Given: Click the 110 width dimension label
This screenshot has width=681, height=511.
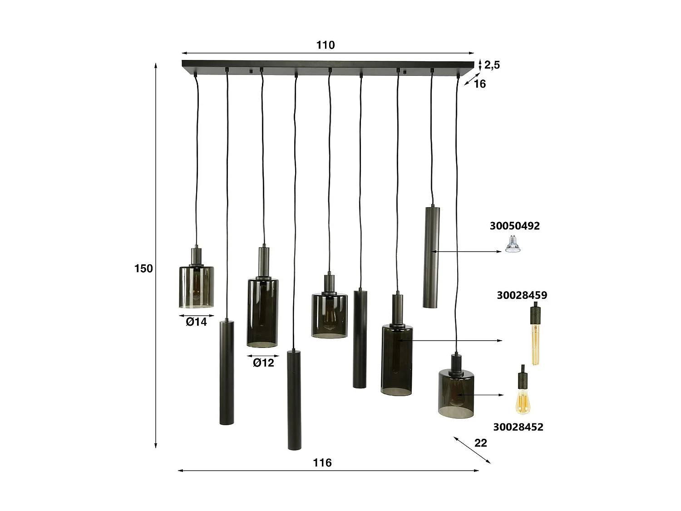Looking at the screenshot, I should [326, 45].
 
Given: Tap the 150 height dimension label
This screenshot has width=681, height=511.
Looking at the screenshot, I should [143, 268].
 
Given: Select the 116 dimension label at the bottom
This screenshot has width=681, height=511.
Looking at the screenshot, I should [322, 463].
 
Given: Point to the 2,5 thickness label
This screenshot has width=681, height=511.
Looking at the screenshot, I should [492, 65].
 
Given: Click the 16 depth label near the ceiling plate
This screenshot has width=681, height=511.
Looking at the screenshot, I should [479, 84].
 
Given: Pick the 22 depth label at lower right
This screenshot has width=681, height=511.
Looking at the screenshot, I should [480, 443].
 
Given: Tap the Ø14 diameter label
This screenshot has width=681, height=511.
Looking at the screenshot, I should [196, 322].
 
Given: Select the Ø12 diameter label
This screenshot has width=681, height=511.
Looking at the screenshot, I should [263, 363].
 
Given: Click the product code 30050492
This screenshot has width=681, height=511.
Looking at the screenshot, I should [514, 226].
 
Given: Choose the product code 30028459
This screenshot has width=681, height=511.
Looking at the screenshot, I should [522, 295].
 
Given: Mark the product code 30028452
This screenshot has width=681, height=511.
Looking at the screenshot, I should [518, 427].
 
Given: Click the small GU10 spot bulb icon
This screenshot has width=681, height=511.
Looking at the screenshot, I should [513, 246].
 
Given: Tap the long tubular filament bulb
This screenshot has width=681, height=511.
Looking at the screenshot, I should [535, 336].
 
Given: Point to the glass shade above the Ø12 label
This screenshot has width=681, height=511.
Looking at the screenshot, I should [262, 313].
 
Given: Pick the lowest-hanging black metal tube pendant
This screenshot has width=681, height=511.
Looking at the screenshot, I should [294, 400].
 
